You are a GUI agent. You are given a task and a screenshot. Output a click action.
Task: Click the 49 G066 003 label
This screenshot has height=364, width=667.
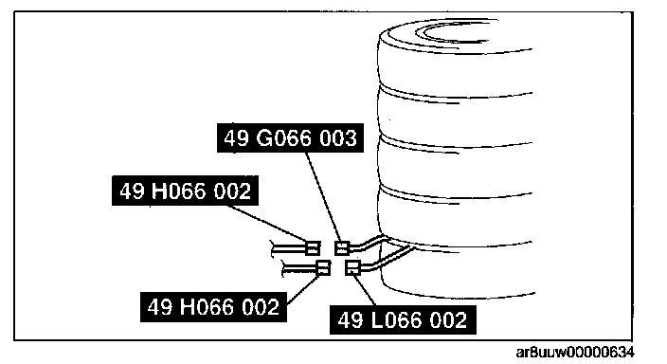coord(290,138)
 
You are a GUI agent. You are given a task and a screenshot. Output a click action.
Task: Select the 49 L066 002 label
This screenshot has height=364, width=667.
coord(403,319)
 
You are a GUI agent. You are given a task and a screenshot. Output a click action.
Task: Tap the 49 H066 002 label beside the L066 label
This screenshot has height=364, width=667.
coord(213,306)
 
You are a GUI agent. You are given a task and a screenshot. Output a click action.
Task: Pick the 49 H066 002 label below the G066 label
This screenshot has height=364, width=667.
coord(185,191)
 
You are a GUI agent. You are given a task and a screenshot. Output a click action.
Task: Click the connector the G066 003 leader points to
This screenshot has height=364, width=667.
coord(342,247)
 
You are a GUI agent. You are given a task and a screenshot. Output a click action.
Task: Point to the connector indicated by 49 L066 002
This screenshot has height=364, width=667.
coord(352,267)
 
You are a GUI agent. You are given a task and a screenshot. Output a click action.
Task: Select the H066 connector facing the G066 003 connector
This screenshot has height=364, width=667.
coord(313,247)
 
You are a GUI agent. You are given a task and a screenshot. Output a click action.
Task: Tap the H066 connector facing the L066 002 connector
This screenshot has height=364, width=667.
coord(324,267)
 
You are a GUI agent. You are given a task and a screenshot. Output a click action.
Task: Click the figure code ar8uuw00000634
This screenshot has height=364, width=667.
coord(575,353)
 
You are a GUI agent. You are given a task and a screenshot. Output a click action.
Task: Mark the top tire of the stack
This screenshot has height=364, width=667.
coord(455,58)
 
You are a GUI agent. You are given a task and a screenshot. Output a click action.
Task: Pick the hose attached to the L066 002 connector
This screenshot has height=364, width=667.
coord(389,258)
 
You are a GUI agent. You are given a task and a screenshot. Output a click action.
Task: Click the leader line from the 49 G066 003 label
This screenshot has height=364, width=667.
coord(323,196)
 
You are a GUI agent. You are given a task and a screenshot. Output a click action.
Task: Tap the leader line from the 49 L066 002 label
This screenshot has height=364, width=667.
coord(365,290)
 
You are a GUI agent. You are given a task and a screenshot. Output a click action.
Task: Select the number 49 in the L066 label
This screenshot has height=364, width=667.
coord(351,320)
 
